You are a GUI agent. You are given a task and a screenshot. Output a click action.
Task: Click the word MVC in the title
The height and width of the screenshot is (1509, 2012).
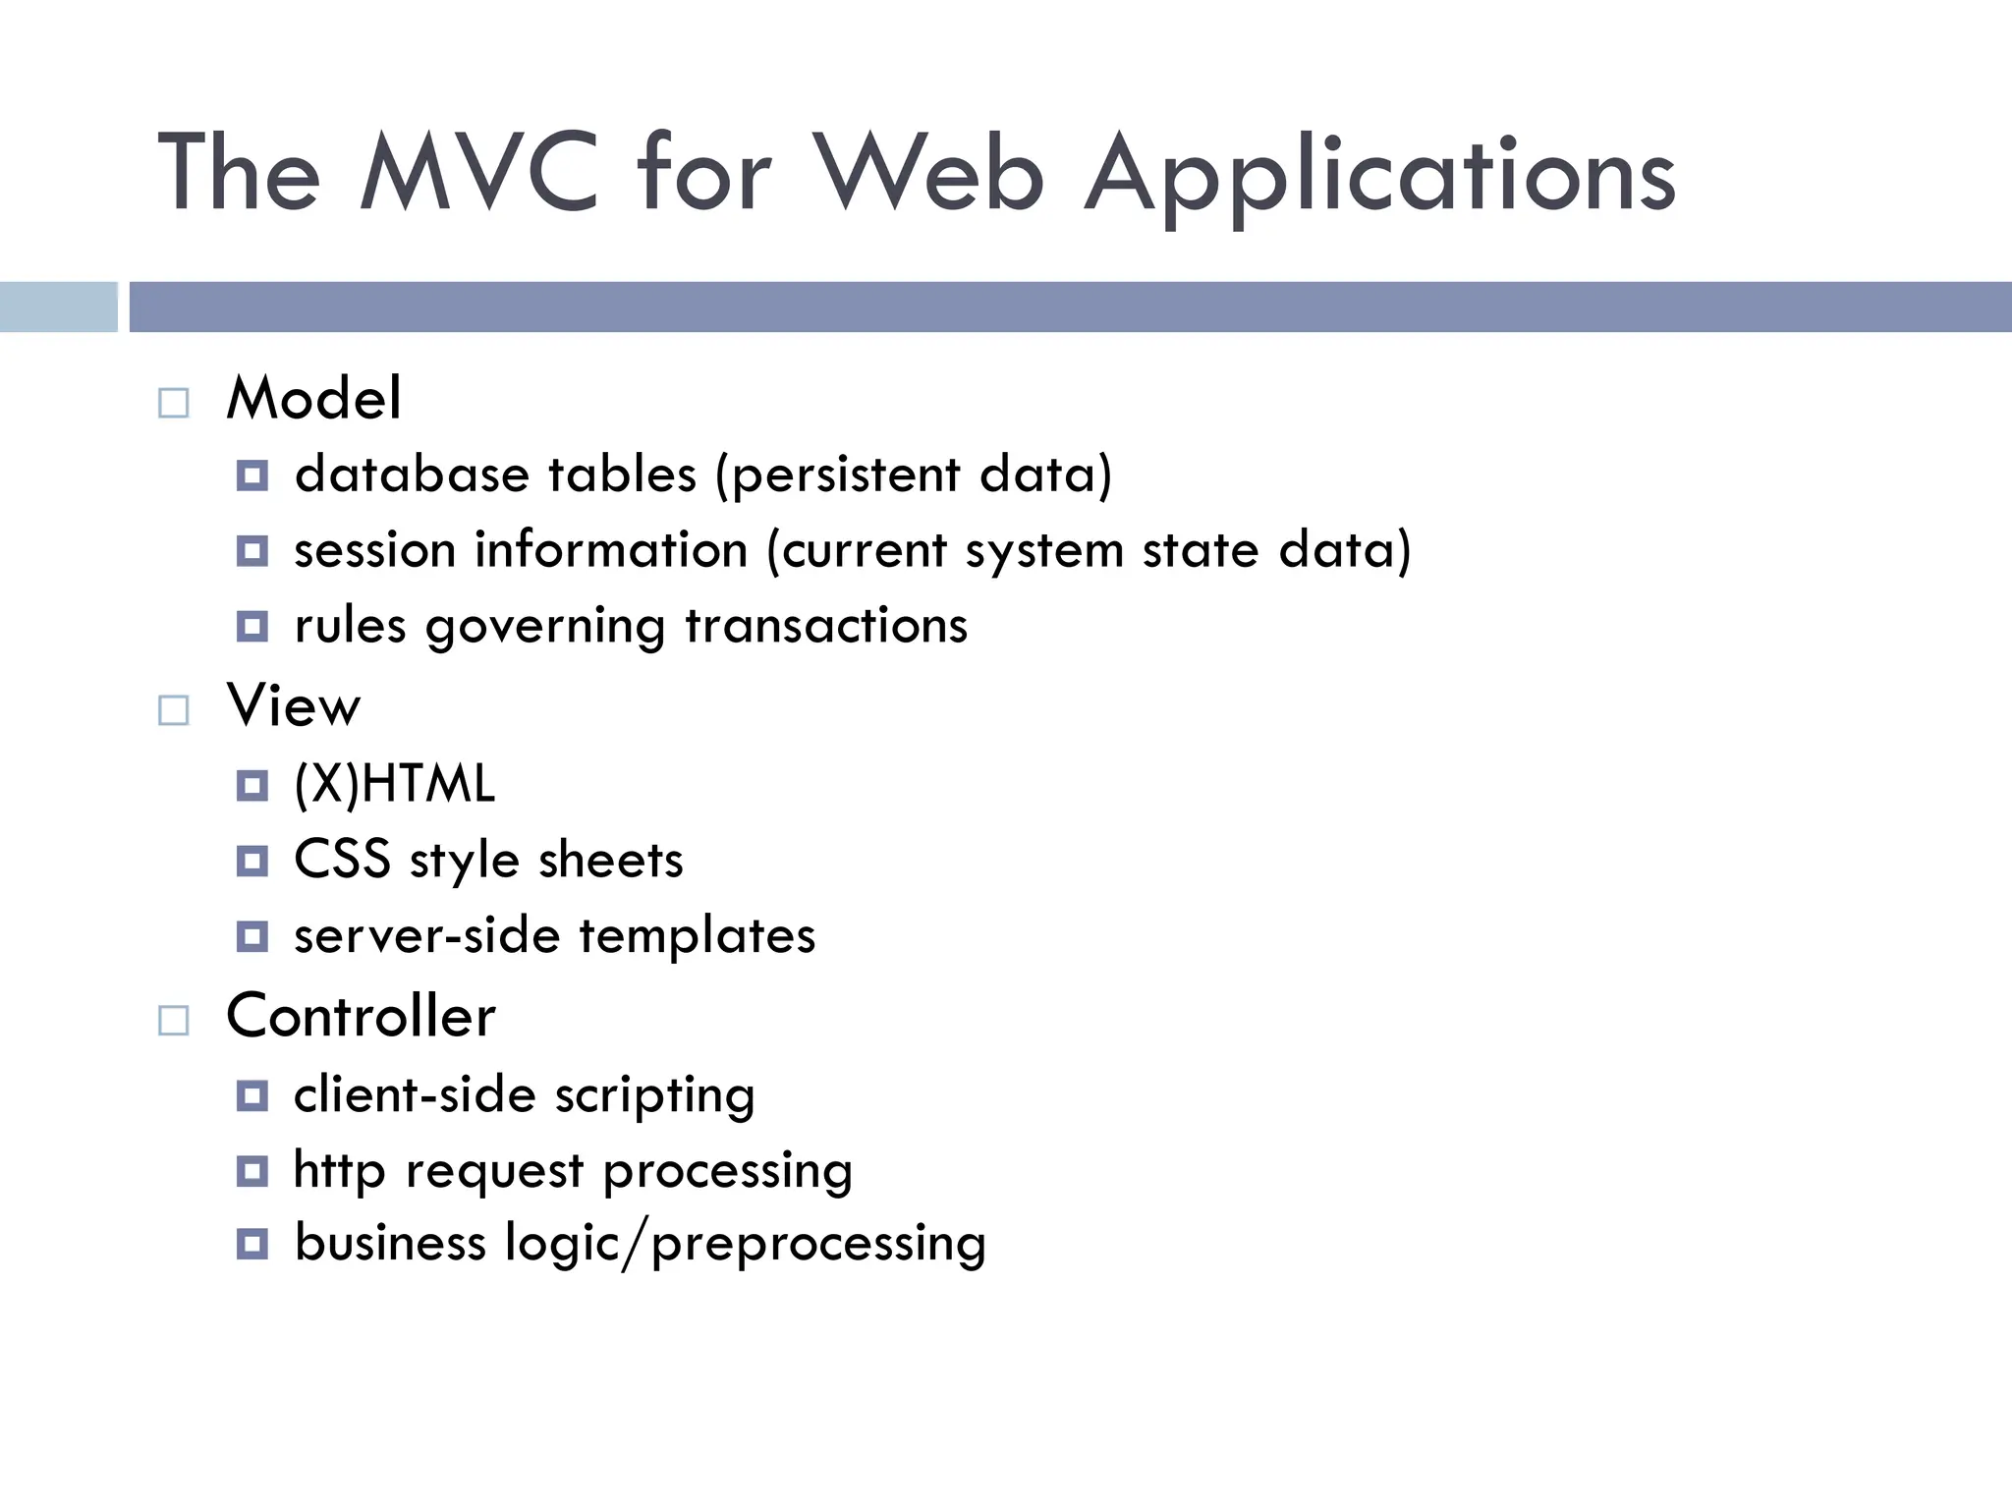click(x=479, y=174)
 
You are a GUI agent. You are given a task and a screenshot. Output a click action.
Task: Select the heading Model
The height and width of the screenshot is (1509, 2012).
click(x=313, y=398)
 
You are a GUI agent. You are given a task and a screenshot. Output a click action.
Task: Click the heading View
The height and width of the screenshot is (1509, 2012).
click(x=294, y=705)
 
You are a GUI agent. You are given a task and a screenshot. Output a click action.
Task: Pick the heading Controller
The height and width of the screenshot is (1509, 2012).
click(x=361, y=1016)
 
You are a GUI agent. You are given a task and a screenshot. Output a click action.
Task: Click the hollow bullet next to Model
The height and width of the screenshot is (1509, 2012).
click(x=174, y=403)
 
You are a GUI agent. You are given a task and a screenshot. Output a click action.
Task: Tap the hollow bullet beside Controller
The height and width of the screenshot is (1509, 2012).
click(x=174, y=1021)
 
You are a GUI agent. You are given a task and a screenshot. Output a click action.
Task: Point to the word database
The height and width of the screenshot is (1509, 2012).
click(x=413, y=475)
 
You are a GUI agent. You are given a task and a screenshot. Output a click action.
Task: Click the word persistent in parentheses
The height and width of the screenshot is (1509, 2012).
click(x=846, y=475)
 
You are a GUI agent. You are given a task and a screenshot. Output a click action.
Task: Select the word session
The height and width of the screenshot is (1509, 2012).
click(x=374, y=549)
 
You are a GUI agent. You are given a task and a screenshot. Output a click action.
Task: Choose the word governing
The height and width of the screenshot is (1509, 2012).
click(x=545, y=627)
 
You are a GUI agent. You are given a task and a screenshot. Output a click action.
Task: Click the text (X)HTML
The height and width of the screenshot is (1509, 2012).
click(x=394, y=784)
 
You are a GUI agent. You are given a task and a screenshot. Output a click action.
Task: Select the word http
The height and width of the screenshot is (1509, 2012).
click(x=339, y=1170)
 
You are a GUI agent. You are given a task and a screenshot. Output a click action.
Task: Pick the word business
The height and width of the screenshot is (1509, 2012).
click(x=390, y=1243)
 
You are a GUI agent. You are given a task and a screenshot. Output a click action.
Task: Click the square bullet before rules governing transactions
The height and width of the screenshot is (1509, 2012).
click(x=252, y=626)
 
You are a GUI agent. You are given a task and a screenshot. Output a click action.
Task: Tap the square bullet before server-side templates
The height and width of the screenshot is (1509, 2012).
click(x=252, y=936)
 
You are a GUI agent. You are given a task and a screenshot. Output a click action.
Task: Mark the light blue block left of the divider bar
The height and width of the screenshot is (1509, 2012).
click(x=59, y=307)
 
